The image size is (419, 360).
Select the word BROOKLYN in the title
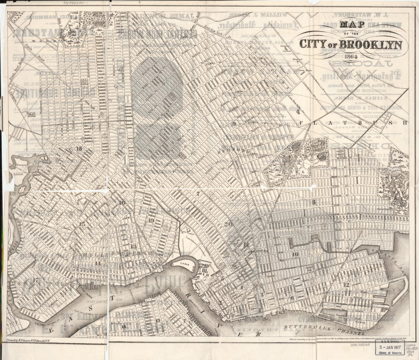370,44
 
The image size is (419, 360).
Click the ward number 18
79,148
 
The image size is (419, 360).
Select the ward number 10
295,254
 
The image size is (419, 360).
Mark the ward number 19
151,220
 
